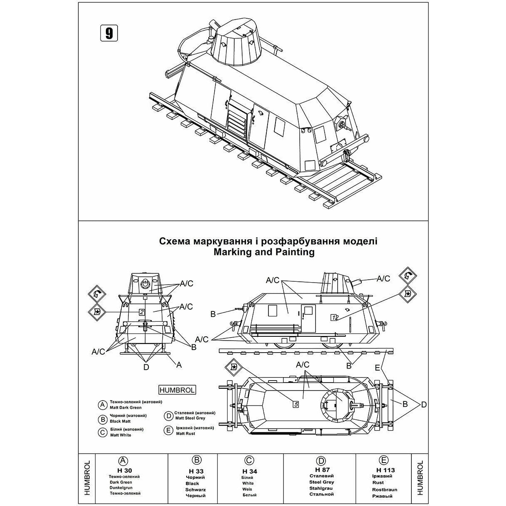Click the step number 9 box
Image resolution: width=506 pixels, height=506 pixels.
click(x=109, y=33)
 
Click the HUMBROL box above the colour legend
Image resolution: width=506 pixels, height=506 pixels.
click(x=177, y=390)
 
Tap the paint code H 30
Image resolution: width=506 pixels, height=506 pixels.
click(x=123, y=470)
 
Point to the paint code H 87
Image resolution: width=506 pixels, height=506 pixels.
click(x=321, y=469)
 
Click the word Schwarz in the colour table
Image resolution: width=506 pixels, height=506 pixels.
click(x=195, y=489)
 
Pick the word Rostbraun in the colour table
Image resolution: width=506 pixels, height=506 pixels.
click(x=385, y=489)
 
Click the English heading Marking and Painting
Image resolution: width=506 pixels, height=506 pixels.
click(x=263, y=252)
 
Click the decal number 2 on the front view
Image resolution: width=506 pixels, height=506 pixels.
click(x=142, y=312)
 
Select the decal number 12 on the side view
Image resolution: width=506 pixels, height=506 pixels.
click(x=334, y=317)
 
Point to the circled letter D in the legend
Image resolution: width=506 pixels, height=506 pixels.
click(x=168, y=416)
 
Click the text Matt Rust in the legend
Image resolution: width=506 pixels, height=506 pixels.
click(x=185, y=433)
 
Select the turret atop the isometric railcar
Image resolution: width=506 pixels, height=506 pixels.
click(x=236, y=42)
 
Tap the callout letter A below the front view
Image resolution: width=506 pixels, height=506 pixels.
click(x=179, y=365)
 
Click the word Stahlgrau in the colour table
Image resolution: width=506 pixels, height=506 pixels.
click(x=321, y=488)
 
